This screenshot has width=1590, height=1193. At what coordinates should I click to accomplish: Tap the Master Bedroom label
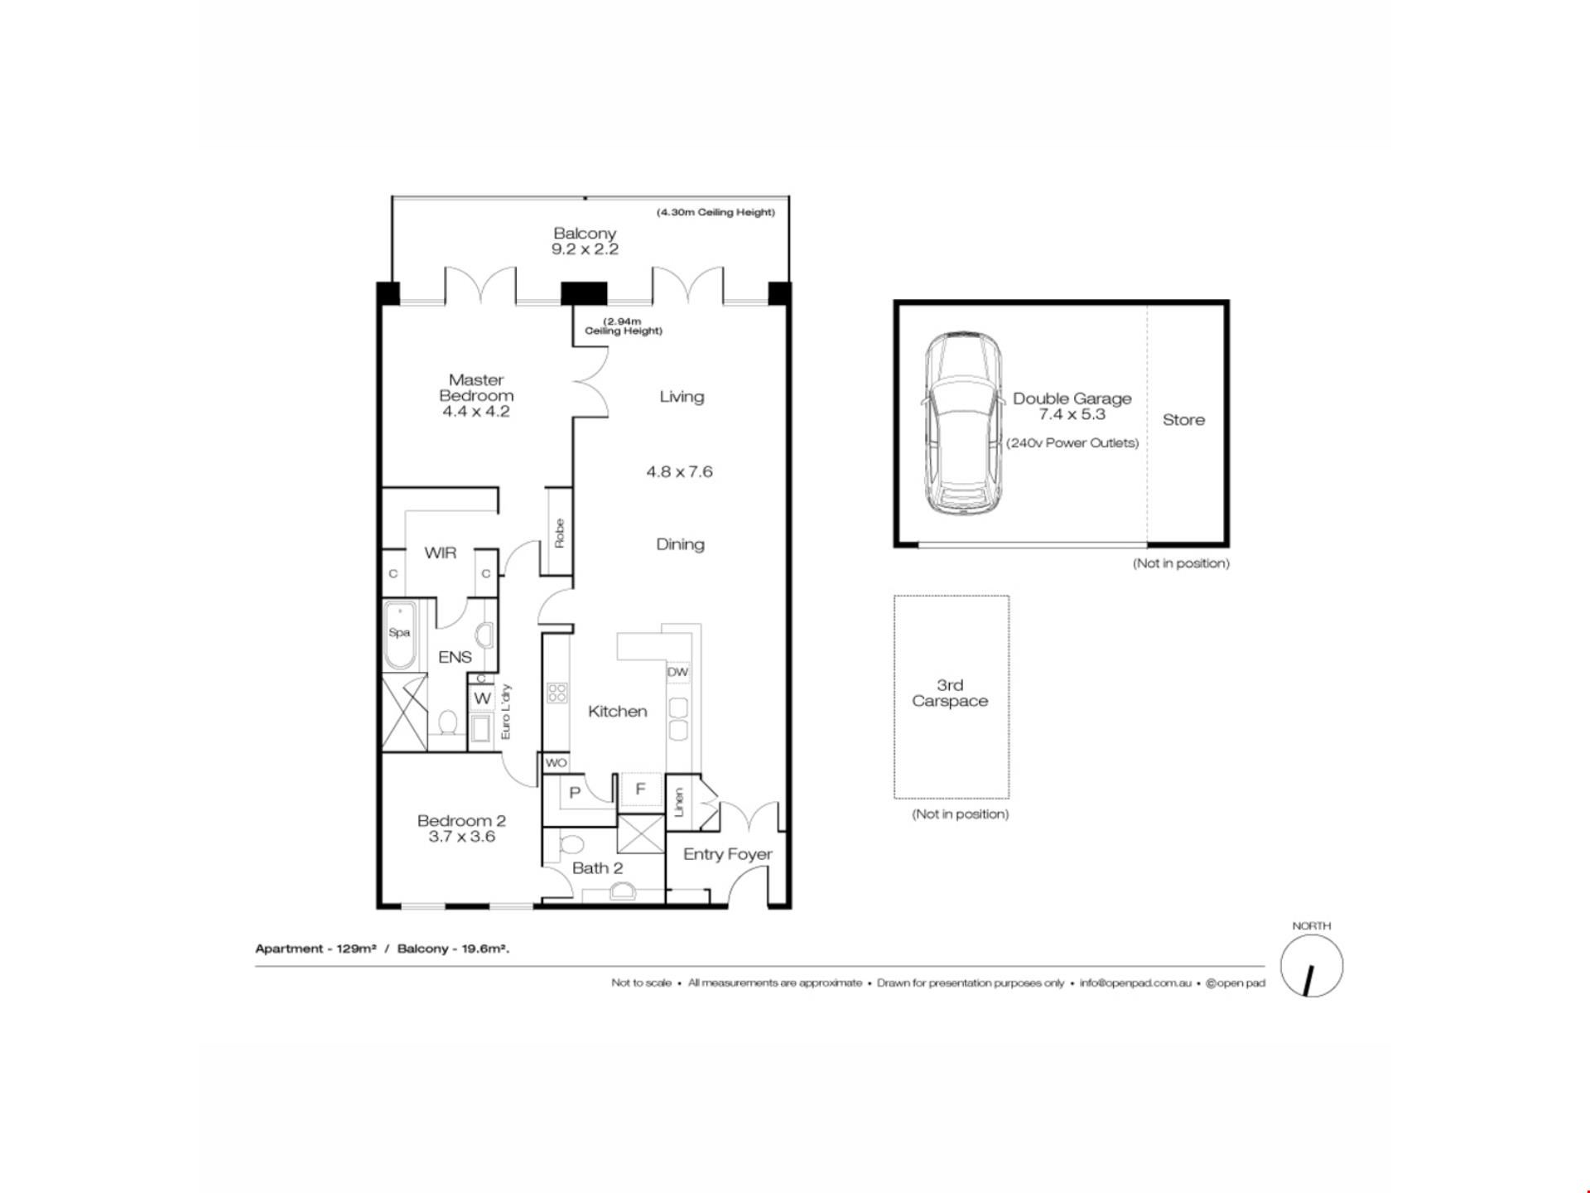point(476,388)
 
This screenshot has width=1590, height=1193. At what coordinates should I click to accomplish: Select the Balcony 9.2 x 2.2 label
point(585,241)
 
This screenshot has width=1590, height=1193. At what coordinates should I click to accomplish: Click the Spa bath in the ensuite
point(400,635)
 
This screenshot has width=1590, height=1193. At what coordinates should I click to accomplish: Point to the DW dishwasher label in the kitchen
point(677,672)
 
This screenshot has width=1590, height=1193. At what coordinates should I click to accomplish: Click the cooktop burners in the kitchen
point(556,693)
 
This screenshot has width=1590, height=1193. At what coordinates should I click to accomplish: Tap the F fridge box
point(640,790)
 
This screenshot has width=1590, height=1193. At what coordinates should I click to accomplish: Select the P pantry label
point(575,793)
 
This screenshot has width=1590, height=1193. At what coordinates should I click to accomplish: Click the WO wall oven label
point(556,763)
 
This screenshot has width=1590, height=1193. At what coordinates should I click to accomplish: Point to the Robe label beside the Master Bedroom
point(560,533)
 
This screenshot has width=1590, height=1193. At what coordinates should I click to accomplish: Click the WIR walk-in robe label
point(440,553)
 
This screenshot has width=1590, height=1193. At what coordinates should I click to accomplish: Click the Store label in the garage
point(1183,420)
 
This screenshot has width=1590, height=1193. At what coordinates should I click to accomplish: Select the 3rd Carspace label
point(950,693)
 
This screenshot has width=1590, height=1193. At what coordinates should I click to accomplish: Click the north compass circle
point(1312,966)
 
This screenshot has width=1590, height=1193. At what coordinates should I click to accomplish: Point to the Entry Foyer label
point(727,854)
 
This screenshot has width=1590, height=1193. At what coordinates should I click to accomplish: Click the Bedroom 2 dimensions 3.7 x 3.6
point(462,837)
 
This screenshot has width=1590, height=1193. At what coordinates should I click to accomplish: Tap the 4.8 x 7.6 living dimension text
point(679,472)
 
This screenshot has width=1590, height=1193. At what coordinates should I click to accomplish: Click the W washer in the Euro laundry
point(483,698)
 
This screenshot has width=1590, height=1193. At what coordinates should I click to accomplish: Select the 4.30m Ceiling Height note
point(715,212)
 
